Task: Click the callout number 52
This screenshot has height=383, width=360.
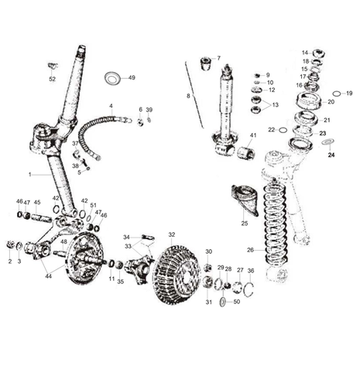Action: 52,79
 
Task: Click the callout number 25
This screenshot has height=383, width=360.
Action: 245,223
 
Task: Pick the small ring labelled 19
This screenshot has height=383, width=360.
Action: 337,93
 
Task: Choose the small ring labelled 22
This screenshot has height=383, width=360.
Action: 283,130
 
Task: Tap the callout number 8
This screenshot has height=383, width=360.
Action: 188,96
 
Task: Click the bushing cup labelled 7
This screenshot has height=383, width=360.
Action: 206,63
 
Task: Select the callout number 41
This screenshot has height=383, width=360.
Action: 253,135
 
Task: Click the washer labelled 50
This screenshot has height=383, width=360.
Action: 222,302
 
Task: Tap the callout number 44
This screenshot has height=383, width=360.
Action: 48,276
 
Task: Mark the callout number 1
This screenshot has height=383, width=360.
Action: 30,175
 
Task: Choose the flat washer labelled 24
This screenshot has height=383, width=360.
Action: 328,142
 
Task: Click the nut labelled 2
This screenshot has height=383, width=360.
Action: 10,245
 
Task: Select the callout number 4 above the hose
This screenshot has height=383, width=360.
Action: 111,106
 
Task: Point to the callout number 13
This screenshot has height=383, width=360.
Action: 276,105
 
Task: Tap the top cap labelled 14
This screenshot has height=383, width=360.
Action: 319,53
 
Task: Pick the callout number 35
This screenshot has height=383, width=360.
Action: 121,282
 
